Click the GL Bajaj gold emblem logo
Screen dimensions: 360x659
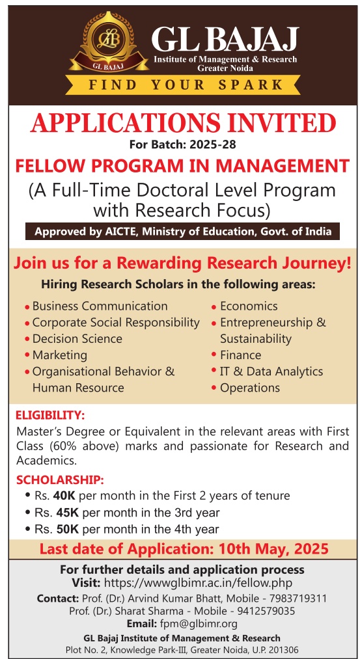pos(109,42)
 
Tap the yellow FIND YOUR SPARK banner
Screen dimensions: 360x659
pos(183,85)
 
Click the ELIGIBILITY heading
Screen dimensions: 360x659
pos(51,416)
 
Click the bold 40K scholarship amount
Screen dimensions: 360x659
pos(64,496)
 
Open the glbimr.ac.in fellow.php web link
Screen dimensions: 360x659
pos(198,584)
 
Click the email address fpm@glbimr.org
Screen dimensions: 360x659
pos(199,624)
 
